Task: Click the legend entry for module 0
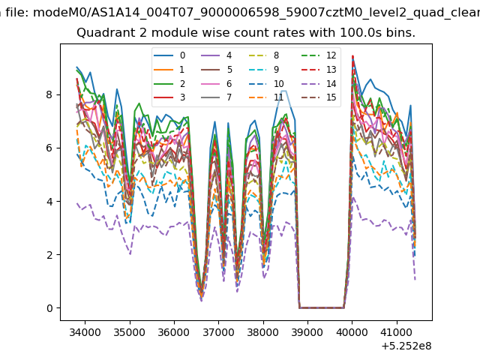coord(169,55)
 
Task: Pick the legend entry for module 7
coord(217,97)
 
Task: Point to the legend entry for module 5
coord(217,70)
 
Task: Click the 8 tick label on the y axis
coord(49,94)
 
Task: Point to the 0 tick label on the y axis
coord(49,308)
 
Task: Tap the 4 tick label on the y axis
coord(49,202)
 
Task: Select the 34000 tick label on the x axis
coord(85,332)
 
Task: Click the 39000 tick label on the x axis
coord(307,332)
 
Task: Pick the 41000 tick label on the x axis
coord(397,332)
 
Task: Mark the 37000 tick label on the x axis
coord(218,332)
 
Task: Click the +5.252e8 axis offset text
coord(406,346)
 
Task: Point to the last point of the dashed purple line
coord(415,280)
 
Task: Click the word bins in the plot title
coord(400,32)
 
